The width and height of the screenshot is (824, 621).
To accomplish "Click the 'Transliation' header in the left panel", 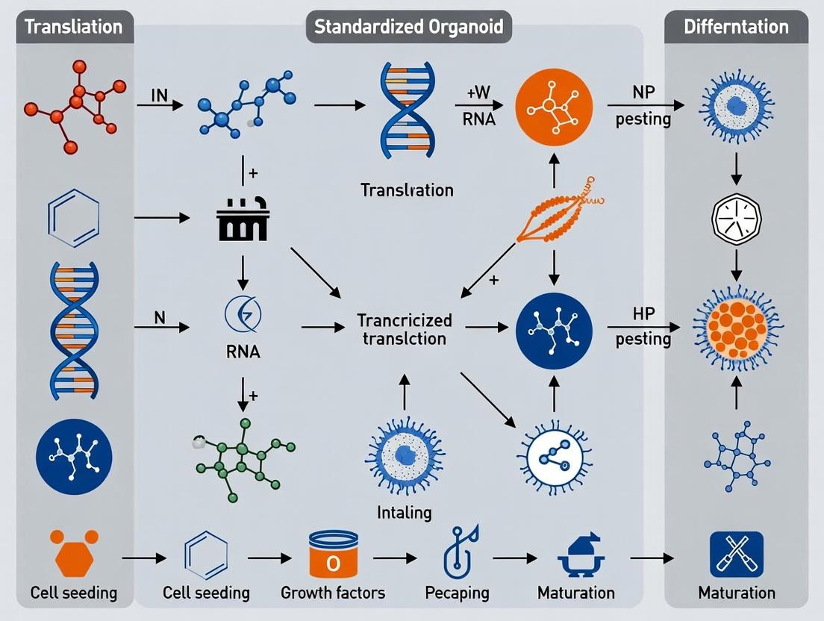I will [x=73, y=27].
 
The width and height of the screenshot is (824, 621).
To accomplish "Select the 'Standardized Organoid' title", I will [x=408, y=27].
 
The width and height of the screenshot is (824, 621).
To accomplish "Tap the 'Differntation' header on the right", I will [x=736, y=27].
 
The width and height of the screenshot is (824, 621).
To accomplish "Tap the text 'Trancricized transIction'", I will [x=405, y=329].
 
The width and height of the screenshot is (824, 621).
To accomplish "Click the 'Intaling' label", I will [x=404, y=513].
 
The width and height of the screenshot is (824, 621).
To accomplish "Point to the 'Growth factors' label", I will [x=333, y=593].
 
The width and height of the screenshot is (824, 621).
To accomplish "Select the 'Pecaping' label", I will [x=457, y=593].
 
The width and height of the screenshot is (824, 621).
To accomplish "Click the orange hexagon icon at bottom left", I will [x=73, y=553].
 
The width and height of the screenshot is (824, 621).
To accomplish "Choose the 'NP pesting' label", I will [x=643, y=107].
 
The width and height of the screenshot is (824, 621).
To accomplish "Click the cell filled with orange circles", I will [x=736, y=328].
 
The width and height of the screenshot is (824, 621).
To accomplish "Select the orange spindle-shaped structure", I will [x=554, y=217].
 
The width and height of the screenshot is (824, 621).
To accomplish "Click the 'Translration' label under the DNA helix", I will [x=407, y=190].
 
